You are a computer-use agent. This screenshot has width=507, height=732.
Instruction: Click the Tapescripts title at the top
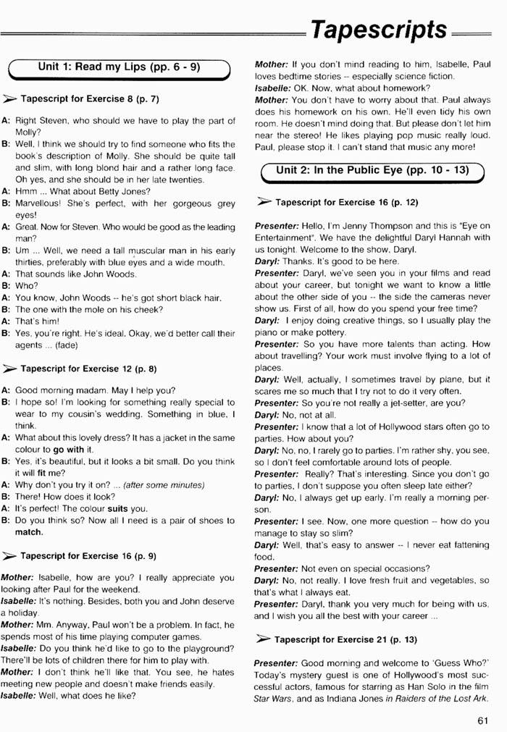(378, 30)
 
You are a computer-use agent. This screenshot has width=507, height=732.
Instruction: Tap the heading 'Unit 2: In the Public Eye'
(372, 171)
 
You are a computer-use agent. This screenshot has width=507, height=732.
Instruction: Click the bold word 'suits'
(117, 508)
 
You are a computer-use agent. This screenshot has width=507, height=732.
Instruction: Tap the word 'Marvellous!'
(41, 203)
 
